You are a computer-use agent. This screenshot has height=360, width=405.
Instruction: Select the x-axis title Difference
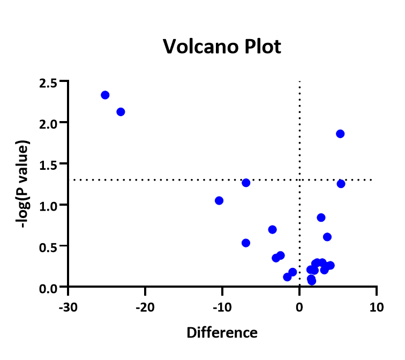click(x=222, y=333)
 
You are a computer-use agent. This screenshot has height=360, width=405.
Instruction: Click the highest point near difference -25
click(x=105, y=95)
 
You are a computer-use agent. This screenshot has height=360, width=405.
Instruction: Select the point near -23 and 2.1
click(x=121, y=112)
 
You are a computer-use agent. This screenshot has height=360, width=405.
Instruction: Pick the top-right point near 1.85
click(x=340, y=134)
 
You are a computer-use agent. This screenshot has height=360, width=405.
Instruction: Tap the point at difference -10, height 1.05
click(x=219, y=200)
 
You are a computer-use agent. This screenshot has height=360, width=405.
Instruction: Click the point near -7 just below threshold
click(x=246, y=183)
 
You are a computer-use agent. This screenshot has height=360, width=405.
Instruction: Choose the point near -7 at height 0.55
click(x=246, y=243)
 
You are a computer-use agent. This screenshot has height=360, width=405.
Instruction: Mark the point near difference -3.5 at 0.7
click(x=272, y=229)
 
